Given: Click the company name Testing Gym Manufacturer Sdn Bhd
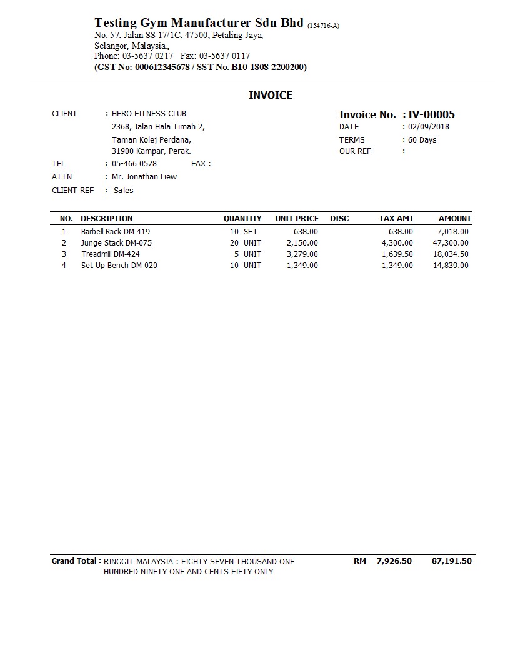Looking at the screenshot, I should pyautogui.click(x=199, y=23).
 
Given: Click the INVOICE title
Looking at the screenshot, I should pyautogui.click(x=271, y=95).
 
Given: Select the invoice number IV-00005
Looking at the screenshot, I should pyautogui.click(x=431, y=114).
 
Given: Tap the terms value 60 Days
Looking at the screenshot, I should pyautogui.click(x=422, y=139).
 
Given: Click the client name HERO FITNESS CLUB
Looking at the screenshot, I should pyautogui.click(x=149, y=114).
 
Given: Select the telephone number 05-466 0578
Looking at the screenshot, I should pyautogui.click(x=134, y=164).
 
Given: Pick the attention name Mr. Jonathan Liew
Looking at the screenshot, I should pyautogui.click(x=144, y=177).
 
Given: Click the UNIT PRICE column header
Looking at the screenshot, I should pyautogui.click(x=297, y=219).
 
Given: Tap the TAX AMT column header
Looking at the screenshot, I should pyautogui.click(x=396, y=219).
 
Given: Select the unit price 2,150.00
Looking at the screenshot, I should pyautogui.click(x=302, y=243).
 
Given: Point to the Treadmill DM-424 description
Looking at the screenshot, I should pyautogui.click(x=111, y=254).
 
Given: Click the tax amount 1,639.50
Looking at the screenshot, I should pyautogui.click(x=397, y=254).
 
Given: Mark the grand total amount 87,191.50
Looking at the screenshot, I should pyautogui.click(x=451, y=561).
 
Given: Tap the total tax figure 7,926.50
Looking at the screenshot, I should pyautogui.click(x=394, y=561).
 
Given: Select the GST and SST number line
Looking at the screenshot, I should pyautogui.click(x=201, y=67).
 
